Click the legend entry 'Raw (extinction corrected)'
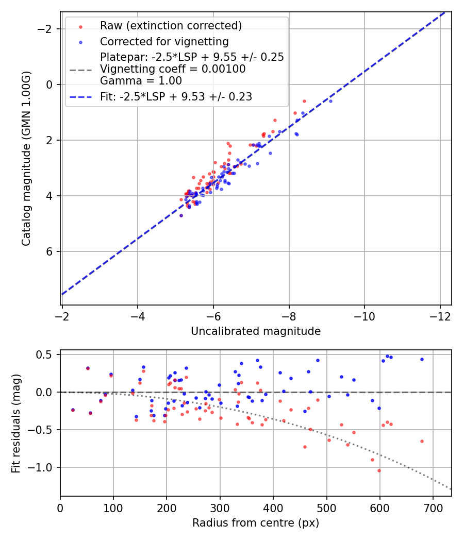point(171,26)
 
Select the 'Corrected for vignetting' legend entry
point(164,41)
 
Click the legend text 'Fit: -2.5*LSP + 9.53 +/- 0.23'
point(176,96)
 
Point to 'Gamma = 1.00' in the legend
point(141,81)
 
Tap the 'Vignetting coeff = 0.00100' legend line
point(173,69)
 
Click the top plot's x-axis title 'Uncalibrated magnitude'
point(256,331)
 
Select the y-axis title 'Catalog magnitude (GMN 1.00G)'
point(26,158)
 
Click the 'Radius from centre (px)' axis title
point(256,523)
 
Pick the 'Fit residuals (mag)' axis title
point(16,423)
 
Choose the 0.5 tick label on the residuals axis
point(46,354)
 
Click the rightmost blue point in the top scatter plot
point(330,101)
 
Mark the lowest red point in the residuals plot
point(379,470)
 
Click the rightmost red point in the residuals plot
point(422,441)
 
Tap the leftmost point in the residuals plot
point(73,410)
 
